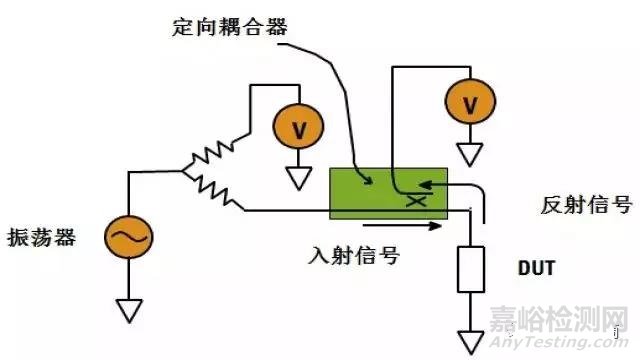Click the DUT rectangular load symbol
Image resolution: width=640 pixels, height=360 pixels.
tap(468, 271)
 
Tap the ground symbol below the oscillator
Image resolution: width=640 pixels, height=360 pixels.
tap(129, 311)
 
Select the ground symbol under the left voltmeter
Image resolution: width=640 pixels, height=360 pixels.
tap(297, 178)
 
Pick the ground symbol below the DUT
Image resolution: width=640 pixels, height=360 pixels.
tap(468, 338)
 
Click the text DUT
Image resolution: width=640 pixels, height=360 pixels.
tap(536, 270)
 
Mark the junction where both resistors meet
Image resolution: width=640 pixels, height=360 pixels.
tap(185, 172)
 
